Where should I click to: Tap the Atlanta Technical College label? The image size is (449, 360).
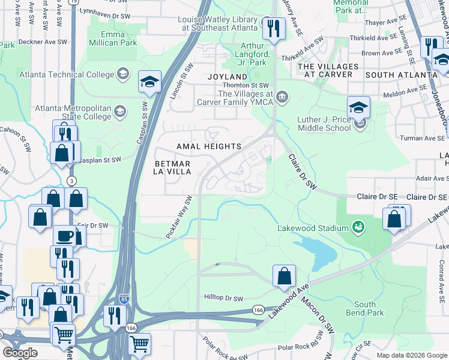pos(66,74)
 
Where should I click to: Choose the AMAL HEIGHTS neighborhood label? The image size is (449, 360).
pos(209,146)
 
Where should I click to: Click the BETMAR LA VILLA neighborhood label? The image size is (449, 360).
pos(173,167)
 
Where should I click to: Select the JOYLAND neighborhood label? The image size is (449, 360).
pos(228,77)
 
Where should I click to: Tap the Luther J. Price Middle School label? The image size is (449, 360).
pos(324,124)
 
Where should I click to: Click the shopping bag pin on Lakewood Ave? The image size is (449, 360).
pos(285,277)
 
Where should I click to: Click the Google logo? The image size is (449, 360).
pos(20,352)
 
